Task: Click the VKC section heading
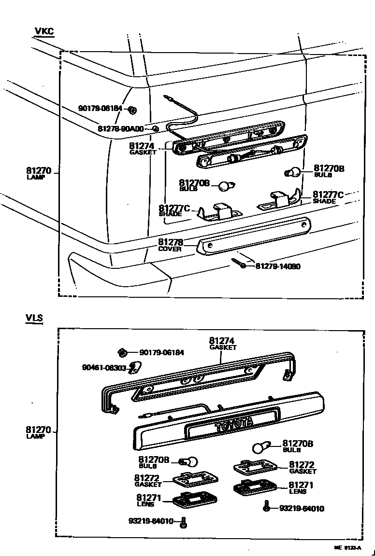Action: tap(44, 32)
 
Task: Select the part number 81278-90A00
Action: tap(121, 129)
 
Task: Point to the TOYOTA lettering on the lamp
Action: tap(234, 424)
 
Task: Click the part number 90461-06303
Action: tap(104, 368)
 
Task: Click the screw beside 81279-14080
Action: tap(239, 264)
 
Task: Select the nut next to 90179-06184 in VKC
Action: tap(132, 110)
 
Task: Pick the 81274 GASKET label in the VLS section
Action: tap(222, 343)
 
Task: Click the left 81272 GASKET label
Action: tap(148, 480)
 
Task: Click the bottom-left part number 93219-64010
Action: tap(152, 521)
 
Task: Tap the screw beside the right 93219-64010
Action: tap(266, 507)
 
